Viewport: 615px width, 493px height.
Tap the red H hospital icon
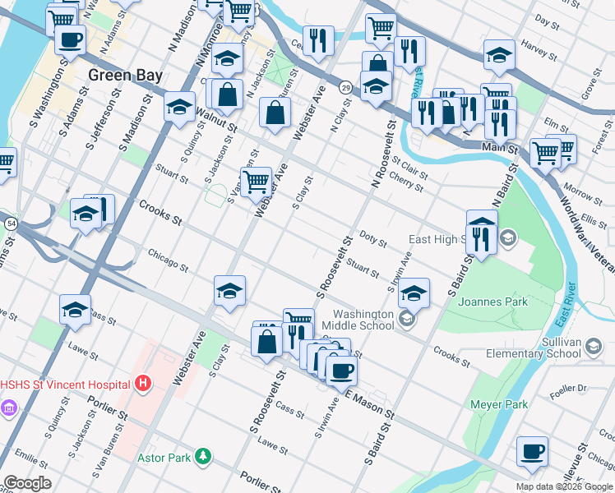(144, 384)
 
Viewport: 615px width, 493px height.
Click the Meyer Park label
(498, 404)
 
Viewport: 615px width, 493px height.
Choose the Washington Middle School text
(363, 320)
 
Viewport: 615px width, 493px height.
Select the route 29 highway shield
(345, 87)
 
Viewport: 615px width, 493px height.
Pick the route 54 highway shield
(11, 223)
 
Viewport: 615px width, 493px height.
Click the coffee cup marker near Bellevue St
(532, 450)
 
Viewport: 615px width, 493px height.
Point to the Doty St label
(372, 239)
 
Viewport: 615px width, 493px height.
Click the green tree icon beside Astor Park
(203, 456)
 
